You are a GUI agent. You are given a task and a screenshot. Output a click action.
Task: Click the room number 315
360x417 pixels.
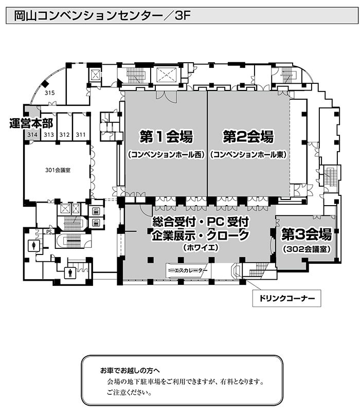tap(49, 93)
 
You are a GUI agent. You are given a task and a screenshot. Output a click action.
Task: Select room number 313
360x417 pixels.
tap(49, 135)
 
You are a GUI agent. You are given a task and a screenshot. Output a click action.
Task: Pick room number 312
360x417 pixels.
tap(64, 135)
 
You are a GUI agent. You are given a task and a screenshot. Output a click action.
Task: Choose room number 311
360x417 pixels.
tap(81, 135)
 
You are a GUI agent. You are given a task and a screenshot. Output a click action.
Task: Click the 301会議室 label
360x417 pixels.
tap(58, 170)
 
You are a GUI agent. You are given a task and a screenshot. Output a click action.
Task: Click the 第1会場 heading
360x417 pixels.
tap(166, 136)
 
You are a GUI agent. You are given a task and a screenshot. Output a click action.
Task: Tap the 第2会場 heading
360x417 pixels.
tap(248, 136)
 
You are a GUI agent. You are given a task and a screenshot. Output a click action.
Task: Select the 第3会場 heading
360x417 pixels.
tap(307, 234)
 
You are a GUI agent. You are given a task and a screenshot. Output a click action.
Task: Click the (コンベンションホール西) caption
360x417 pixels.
tap(166, 155)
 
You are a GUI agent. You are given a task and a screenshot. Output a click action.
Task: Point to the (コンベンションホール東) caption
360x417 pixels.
tap(248, 155)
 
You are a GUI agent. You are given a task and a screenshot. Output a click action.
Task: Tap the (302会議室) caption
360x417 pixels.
tap(307, 249)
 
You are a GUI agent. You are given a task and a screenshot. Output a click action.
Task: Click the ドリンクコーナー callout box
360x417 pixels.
tap(286, 298)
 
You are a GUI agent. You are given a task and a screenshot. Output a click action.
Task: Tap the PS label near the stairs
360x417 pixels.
tap(49, 232)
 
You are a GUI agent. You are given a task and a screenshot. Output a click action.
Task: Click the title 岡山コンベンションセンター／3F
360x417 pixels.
tap(102, 16)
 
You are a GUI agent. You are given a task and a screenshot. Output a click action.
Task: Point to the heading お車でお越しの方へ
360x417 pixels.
tap(130, 370)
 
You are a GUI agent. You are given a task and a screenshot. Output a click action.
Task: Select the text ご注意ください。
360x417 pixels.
tap(130, 392)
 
